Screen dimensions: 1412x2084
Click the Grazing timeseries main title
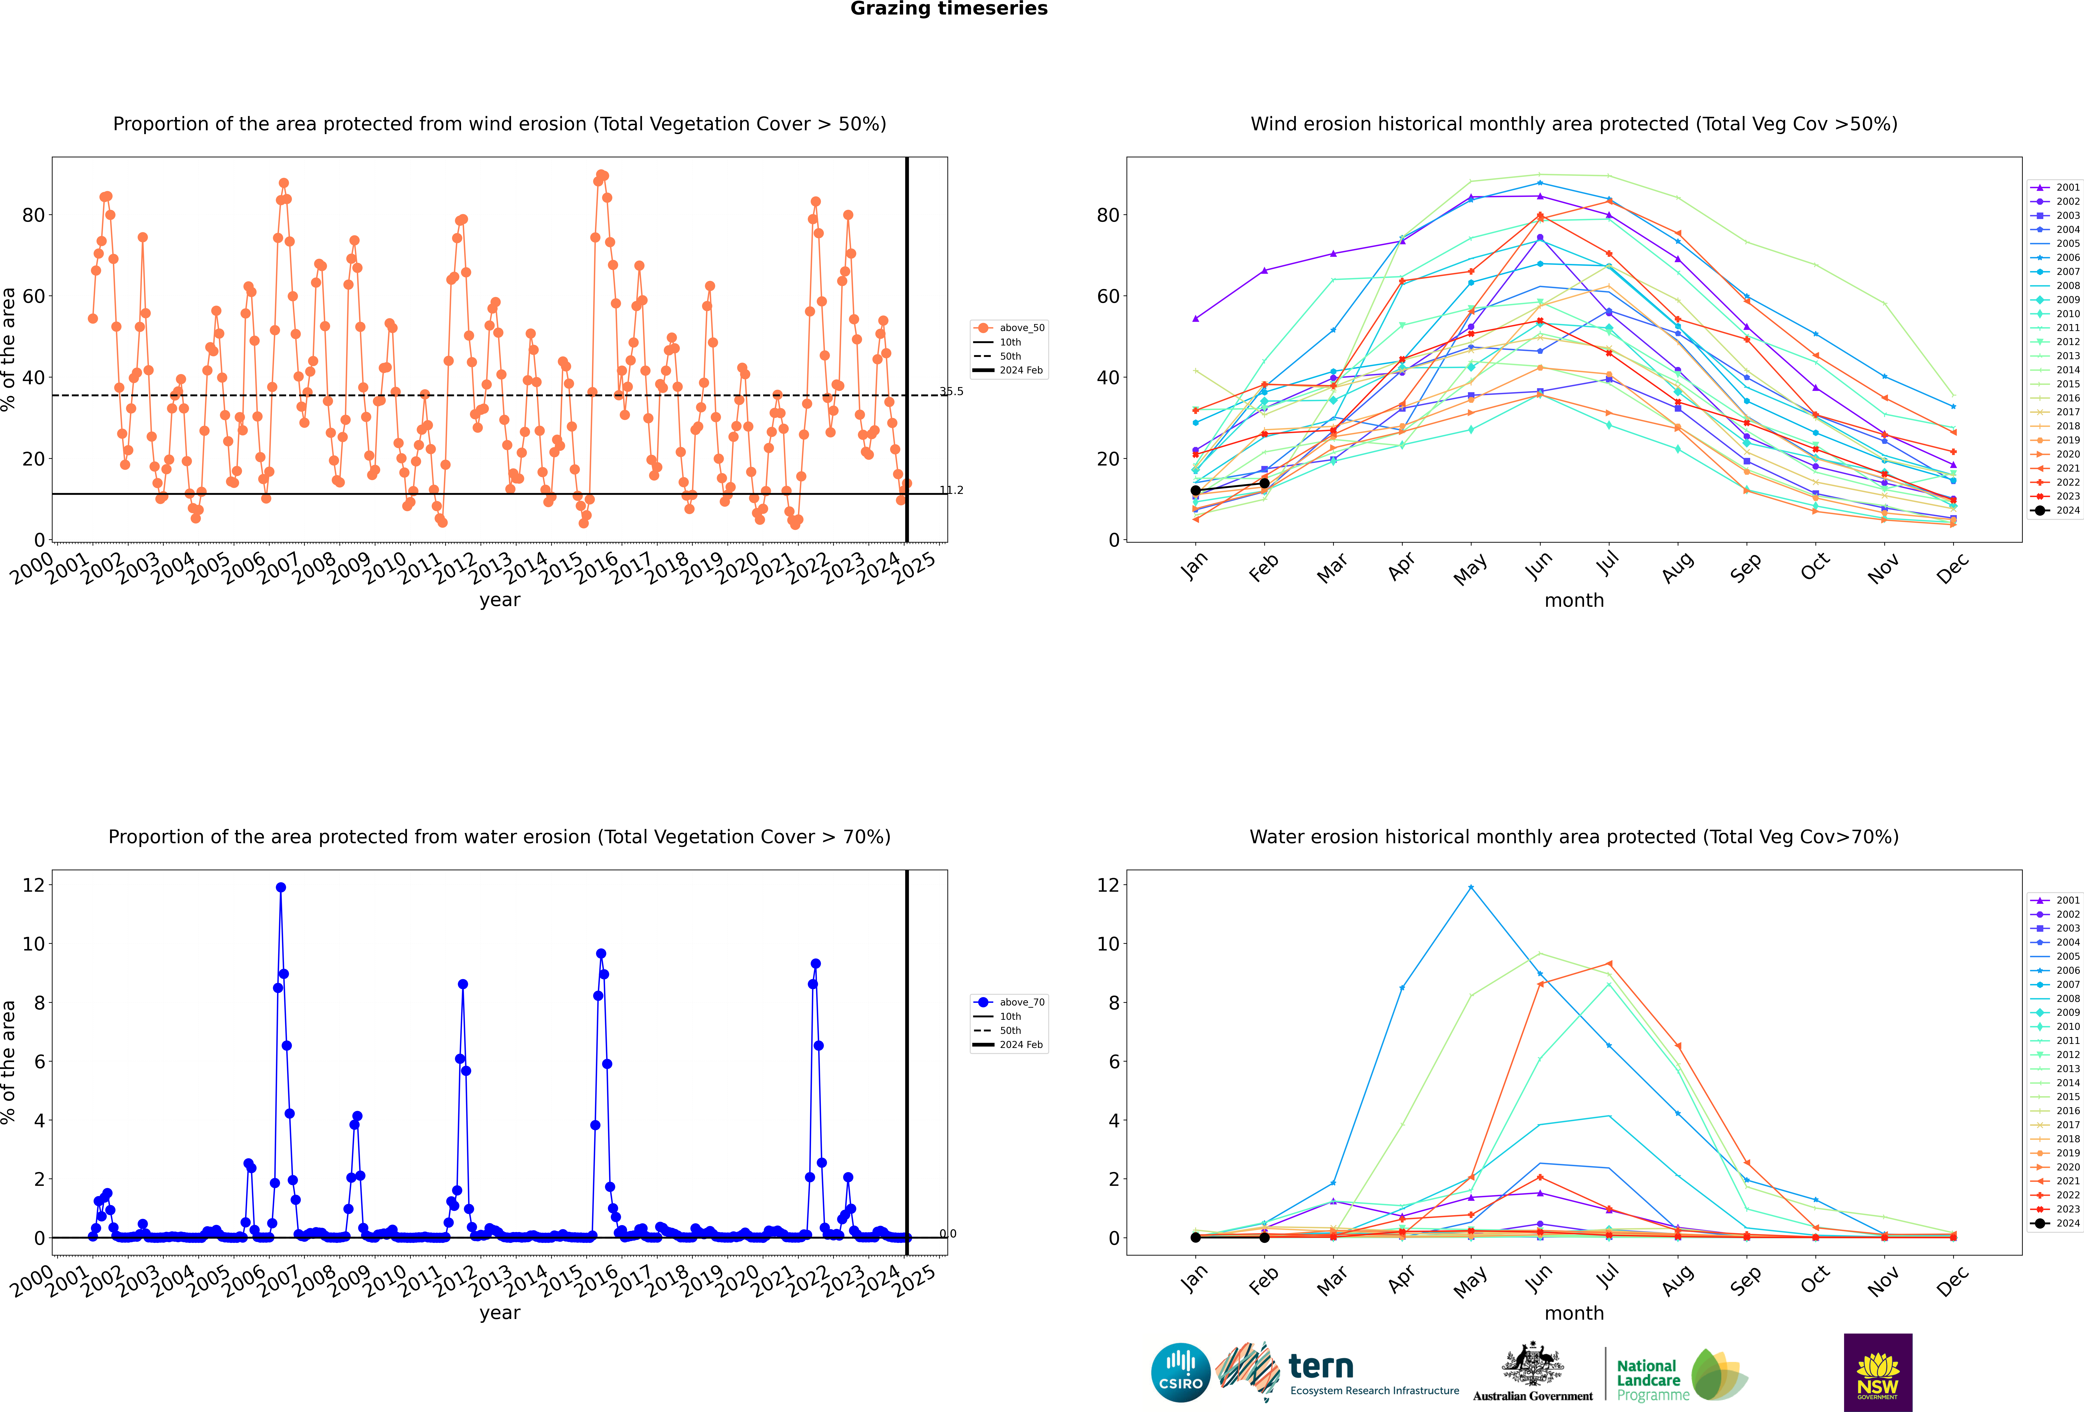949,9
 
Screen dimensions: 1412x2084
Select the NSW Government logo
1878,1372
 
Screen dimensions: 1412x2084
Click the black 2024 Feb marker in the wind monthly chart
1264,483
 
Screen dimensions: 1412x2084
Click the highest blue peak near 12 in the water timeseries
281,887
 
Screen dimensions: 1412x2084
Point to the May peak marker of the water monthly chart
1471,887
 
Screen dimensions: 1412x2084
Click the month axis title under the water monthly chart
1574,1313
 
